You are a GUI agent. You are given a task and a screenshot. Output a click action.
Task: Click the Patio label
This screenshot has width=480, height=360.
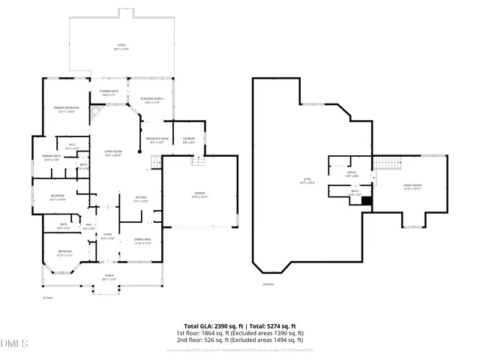[121, 48]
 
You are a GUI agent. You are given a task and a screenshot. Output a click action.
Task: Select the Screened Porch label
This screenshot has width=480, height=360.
[151, 99]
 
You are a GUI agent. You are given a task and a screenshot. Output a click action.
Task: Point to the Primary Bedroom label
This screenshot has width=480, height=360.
[65, 109]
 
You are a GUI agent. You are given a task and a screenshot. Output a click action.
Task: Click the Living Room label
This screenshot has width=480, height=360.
[113, 154]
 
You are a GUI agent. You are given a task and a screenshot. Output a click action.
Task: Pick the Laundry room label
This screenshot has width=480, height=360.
[188, 139]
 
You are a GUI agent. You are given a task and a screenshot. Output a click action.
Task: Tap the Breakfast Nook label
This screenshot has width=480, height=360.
[156, 139]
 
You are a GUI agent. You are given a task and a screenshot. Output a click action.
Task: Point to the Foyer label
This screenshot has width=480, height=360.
[107, 237]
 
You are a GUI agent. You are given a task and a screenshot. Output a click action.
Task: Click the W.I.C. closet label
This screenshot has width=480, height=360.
[72, 147]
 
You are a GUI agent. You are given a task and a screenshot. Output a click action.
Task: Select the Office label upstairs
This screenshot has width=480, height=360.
[351, 174]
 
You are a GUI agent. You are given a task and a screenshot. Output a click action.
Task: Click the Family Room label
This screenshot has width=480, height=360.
[413, 187]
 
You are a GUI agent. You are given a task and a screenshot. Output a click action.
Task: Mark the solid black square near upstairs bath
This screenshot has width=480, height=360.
[367, 200]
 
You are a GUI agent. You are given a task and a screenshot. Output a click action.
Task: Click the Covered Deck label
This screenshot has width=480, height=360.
[109, 94]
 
